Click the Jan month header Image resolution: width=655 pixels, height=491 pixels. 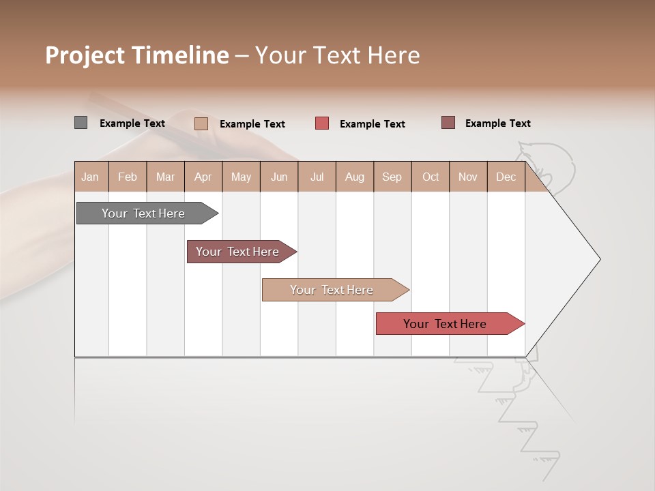[x=91, y=177]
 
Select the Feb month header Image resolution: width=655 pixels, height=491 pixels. [x=128, y=177]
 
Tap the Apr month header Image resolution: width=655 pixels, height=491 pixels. [x=203, y=177]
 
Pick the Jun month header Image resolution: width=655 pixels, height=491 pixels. [x=279, y=177]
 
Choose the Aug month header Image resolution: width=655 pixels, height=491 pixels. [x=355, y=177]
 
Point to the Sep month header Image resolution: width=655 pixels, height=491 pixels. [x=392, y=177]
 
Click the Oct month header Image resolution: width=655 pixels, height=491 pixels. [x=431, y=177]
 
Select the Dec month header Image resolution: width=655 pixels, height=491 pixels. [x=506, y=177]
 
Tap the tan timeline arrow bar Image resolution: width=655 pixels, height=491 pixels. [x=332, y=290]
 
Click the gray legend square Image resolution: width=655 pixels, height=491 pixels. [x=81, y=123]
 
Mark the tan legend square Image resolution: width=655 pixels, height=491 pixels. [x=201, y=123]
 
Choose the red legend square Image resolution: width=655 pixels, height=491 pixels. [x=322, y=123]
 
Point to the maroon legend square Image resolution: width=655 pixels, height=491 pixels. [x=448, y=123]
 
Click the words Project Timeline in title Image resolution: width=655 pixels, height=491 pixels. [x=137, y=55]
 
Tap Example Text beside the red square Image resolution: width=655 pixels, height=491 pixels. [x=373, y=124]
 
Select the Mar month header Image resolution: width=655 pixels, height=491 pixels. [x=166, y=177]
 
